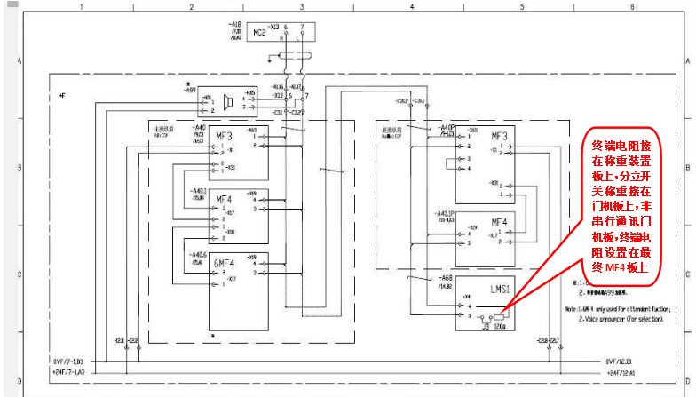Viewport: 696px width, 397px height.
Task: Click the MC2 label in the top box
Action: [x=260, y=33]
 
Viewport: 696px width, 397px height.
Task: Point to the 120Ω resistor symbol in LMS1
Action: [x=500, y=316]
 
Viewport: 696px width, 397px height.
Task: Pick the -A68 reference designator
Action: [x=445, y=278]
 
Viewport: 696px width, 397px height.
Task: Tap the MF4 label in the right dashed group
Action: [x=499, y=221]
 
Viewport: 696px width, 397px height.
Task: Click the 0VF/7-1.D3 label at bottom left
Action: [x=67, y=361]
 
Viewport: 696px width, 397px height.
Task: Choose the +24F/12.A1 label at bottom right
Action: [x=621, y=373]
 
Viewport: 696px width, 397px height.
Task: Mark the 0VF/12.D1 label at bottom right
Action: [x=621, y=361]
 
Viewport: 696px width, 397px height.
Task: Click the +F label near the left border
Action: [x=61, y=93]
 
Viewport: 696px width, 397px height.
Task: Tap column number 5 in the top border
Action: [x=522, y=6]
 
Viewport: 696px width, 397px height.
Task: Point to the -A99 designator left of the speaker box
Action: [x=190, y=90]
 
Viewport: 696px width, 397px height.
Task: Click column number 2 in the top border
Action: [x=191, y=6]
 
